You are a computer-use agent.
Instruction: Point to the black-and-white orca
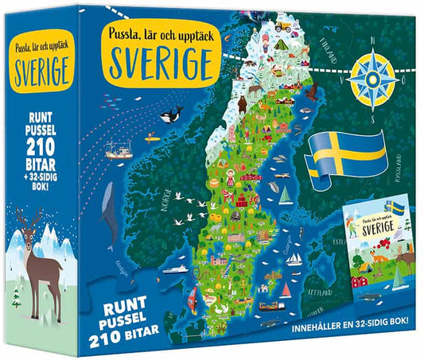[x=170, y=116]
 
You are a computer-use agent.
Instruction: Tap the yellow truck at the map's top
[x=283, y=25]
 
